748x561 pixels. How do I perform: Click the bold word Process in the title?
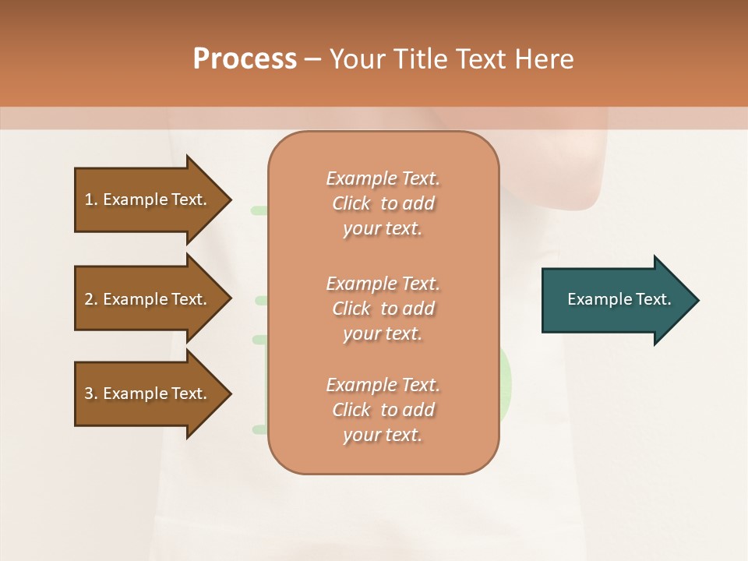click(x=245, y=59)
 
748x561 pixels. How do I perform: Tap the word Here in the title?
click(x=543, y=59)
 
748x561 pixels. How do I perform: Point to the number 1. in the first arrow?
click(x=91, y=199)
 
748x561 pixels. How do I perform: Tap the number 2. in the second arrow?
click(x=91, y=299)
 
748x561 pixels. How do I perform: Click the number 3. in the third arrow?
click(x=91, y=393)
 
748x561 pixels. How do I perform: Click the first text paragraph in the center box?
click(x=383, y=203)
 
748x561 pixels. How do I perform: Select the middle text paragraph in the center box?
click(x=383, y=309)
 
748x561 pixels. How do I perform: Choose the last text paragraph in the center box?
click(x=383, y=410)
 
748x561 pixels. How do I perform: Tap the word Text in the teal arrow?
click(x=653, y=299)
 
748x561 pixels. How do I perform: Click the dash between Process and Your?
click(x=313, y=59)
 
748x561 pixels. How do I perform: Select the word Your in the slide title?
click(x=358, y=59)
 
